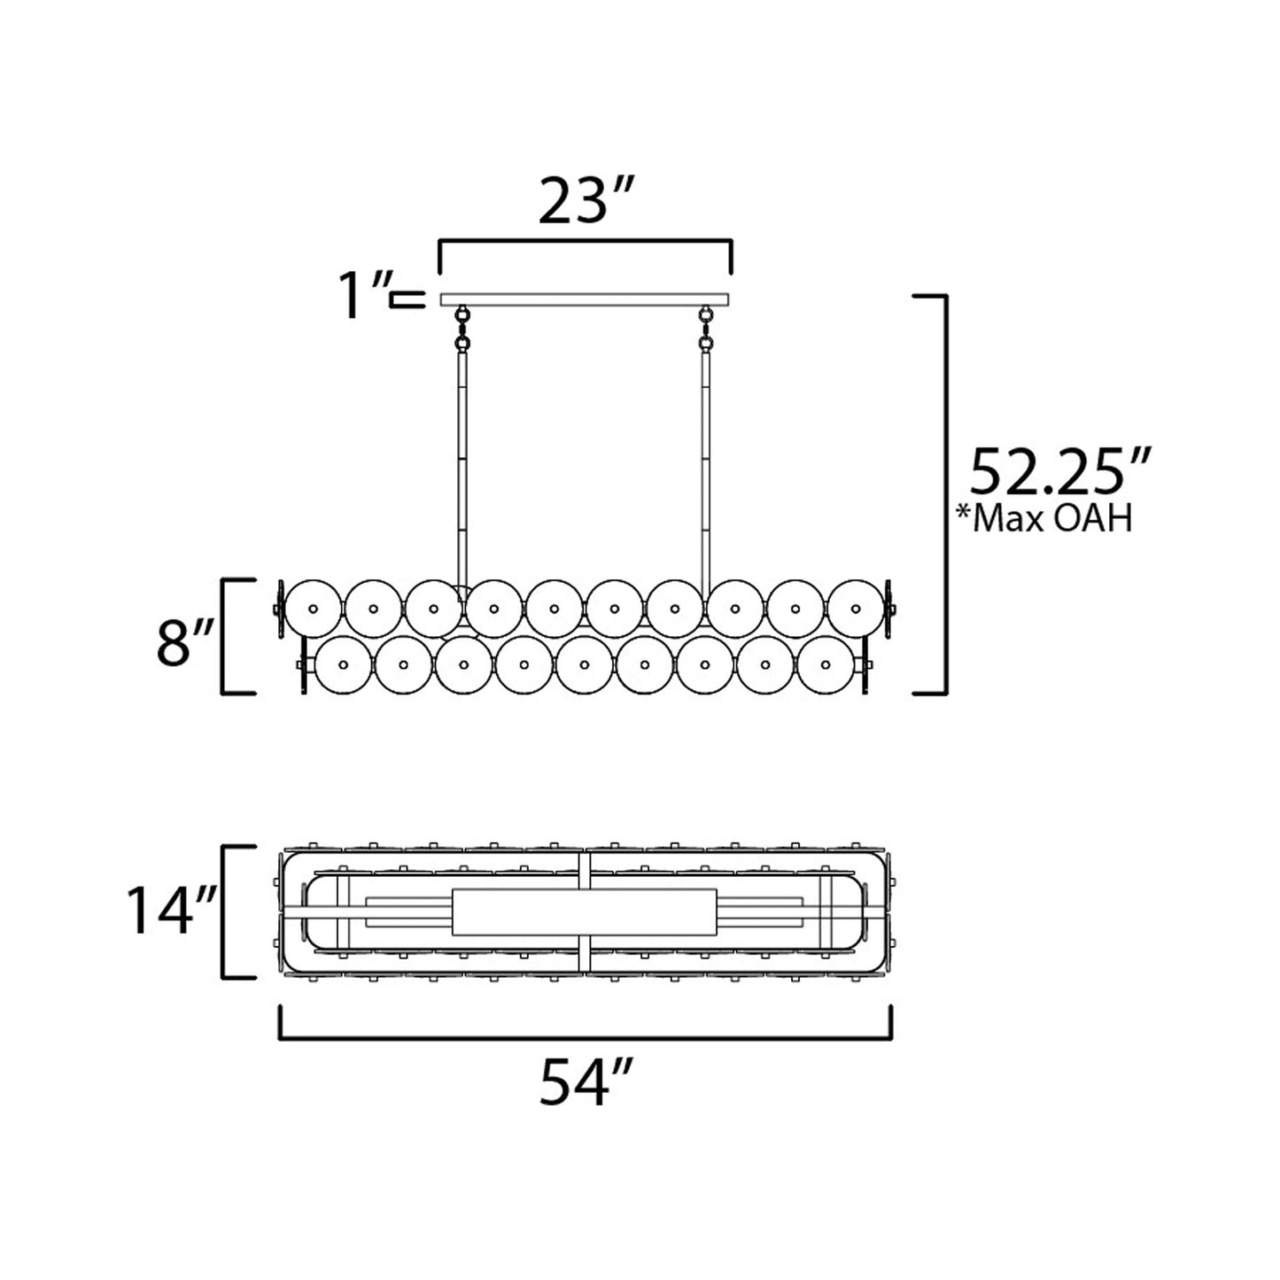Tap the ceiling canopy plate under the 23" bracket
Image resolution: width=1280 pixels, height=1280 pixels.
[x=585, y=299]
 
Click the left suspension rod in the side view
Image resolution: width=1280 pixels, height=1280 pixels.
[x=462, y=469]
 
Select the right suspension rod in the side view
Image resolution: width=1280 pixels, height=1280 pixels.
[x=706, y=469]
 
